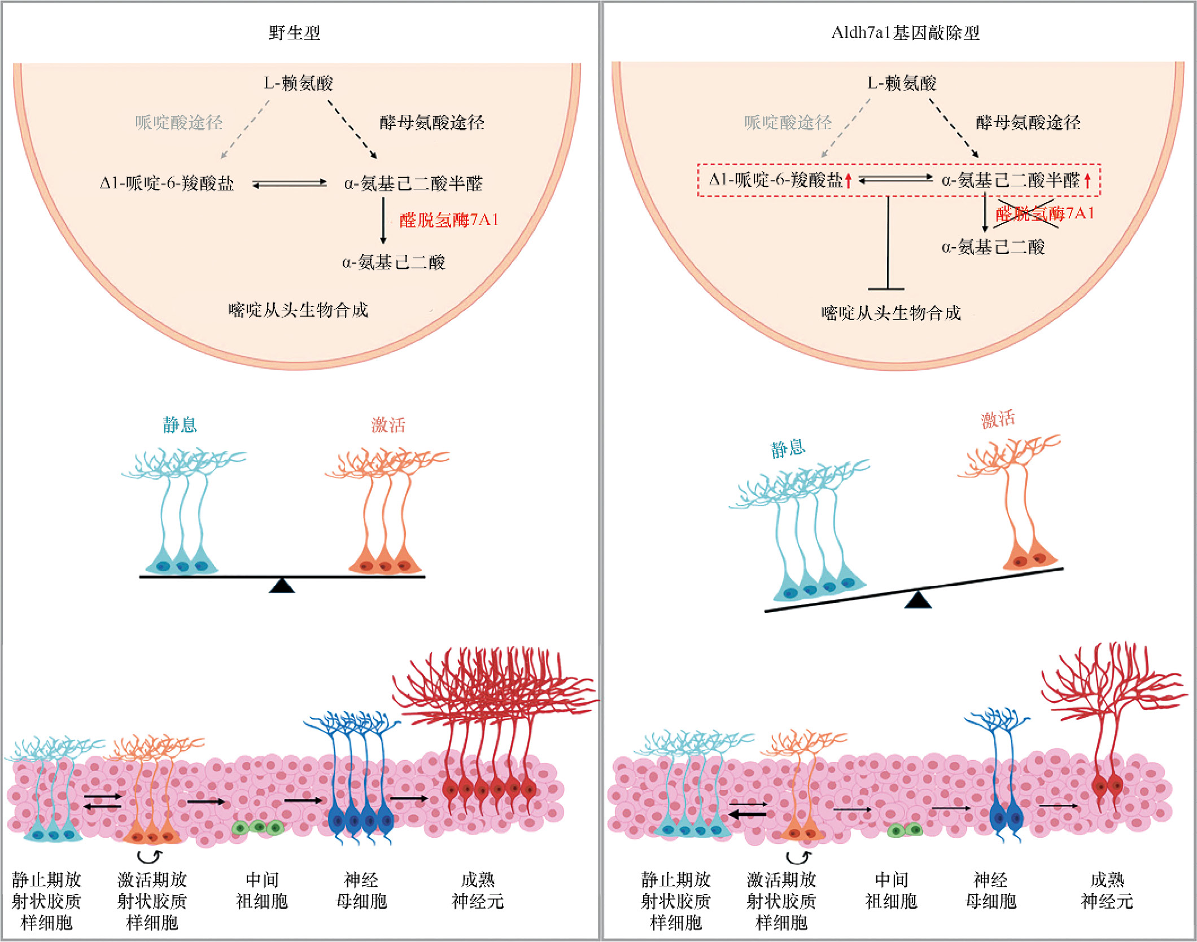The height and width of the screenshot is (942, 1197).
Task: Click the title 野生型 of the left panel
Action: coord(294,33)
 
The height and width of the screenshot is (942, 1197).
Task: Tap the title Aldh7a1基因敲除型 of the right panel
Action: coord(905,33)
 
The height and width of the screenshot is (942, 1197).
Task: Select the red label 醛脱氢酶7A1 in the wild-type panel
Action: coord(449,220)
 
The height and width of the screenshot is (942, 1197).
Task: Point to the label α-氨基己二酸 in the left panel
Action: coord(394,262)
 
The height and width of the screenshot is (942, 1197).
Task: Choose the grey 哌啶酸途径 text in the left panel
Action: coord(179,122)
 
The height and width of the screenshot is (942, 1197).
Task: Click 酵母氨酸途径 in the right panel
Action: coord(1028,122)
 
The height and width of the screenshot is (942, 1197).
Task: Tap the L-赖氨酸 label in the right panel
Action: coord(902,84)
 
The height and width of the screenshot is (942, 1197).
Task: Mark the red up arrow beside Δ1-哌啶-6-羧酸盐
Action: coord(848,181)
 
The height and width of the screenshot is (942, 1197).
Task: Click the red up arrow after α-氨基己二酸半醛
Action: coord(1087,181)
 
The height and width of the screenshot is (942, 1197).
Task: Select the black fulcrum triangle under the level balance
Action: coord(282,586)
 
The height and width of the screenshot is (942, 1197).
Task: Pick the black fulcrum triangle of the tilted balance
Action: coord(918,599)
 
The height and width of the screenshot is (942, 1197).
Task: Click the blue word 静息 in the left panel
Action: coord(180,424)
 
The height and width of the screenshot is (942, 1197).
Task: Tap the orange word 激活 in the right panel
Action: coord(998,419)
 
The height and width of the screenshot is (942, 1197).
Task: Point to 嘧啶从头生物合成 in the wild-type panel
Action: coord(298,310)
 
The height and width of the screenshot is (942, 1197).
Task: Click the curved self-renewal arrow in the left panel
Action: coord(151,857)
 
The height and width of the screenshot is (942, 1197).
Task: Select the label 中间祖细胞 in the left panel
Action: coord(262,890)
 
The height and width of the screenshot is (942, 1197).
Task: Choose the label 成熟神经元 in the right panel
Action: coord(1107,890)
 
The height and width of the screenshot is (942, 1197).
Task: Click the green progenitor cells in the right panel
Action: coord(905,830)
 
